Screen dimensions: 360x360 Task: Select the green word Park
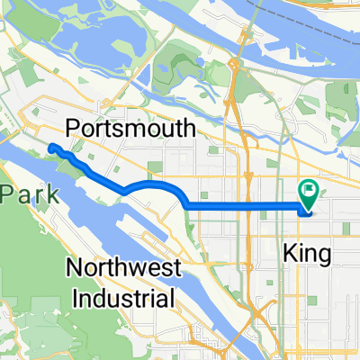coord(18,193)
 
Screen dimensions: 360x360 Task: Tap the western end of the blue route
coord(51,147)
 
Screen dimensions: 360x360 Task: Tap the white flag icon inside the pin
coord(309,190)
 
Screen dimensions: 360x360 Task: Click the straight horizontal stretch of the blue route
coord(243,207)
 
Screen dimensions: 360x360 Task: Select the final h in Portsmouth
coord(187,129)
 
